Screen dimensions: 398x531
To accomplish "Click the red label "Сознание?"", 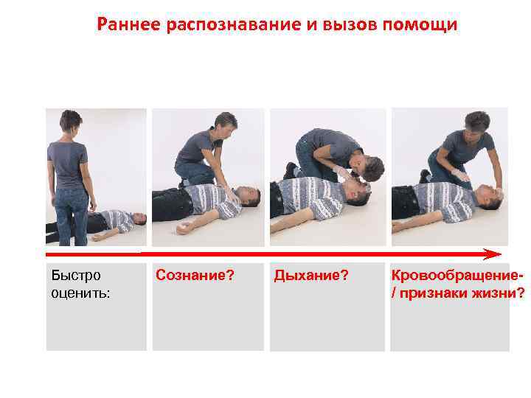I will (195, 276).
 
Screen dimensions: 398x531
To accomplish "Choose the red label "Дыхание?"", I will (311, 276).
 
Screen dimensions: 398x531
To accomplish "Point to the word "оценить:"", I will (81, 293).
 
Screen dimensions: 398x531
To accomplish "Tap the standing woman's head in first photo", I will (71, 121).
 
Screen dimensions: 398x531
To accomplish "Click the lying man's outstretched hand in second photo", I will (182, 229).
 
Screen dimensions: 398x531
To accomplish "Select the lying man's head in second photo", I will (250, 197).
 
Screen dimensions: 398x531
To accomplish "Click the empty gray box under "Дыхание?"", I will (327, 324).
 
